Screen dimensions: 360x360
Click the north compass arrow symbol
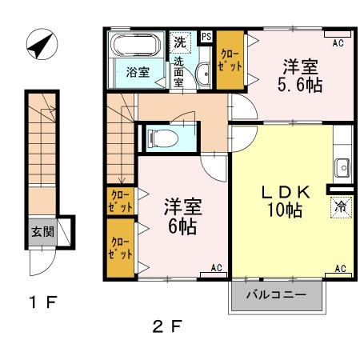pos(38,45)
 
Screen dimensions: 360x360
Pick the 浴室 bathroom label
pos(137,72)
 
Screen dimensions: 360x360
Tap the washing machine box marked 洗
pos(179,40)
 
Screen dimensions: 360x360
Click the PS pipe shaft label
pos(206,37)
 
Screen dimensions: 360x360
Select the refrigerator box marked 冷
pos(340,206)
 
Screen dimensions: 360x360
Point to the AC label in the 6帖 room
pos(216,269)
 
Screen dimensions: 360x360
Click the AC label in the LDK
pos(339,269)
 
